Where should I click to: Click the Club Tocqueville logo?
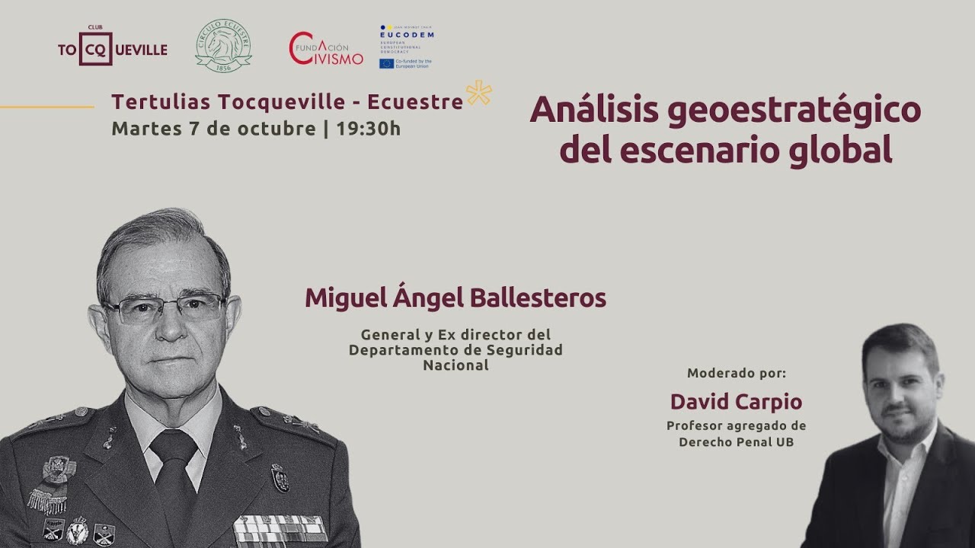113,49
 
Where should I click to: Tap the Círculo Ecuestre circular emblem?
223,46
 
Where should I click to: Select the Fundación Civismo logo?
326,49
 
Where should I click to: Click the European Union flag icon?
386,63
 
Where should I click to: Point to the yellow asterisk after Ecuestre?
479,93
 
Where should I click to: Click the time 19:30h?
368,128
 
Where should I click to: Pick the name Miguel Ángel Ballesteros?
456,298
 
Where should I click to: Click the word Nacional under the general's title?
456,365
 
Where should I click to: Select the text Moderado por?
736,374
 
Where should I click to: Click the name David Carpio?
736,401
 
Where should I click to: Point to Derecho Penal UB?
736,441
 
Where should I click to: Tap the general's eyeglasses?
164,308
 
